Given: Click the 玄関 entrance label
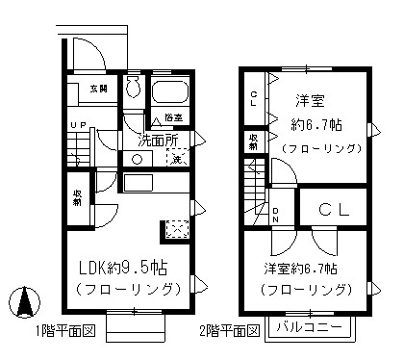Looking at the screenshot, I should click(x=99, y=88).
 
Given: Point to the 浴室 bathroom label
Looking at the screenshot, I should click(x=173, y=118).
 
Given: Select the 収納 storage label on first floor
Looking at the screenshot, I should click(x=76, y=197).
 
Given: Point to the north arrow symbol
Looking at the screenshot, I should click(x=22, y=304).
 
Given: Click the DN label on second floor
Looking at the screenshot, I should click(x=275, y=214).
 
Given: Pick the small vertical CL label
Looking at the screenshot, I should click(x=252, y=97).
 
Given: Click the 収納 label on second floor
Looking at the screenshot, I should click(x=252, y=141).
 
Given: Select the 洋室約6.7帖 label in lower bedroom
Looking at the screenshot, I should click(x=307, y=268).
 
